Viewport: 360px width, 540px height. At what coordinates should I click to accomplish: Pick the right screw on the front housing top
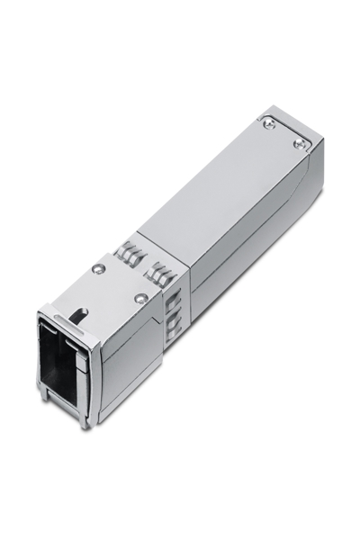click(139, 298)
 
